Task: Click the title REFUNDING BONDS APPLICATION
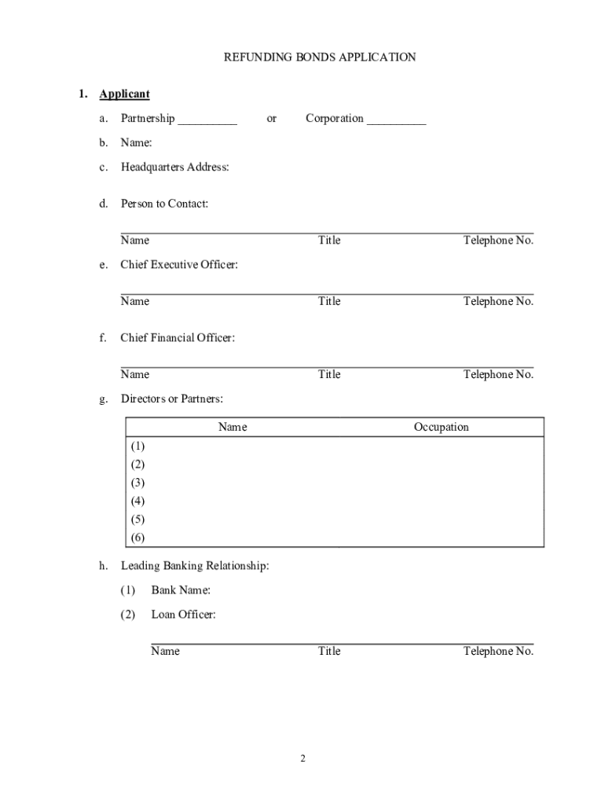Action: (320, 57)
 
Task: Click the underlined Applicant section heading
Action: (124, 94)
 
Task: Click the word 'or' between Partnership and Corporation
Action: (271, 119)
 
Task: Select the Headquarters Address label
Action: (174, 167)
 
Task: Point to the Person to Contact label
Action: (164, 204)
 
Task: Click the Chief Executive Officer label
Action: (178, 265)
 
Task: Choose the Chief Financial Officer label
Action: (177, 338)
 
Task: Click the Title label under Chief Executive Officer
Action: (329, 302)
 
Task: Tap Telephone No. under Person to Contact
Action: (498, 241)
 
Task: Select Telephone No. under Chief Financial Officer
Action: (498, 375)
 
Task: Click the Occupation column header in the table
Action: (441, 428)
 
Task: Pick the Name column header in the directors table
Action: (233, 428)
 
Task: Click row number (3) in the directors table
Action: (138, 483)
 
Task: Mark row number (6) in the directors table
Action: (138, 538)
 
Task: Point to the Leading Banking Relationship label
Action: (194, 566)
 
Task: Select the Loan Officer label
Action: (183, 615)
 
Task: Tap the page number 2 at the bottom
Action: (302, 759)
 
